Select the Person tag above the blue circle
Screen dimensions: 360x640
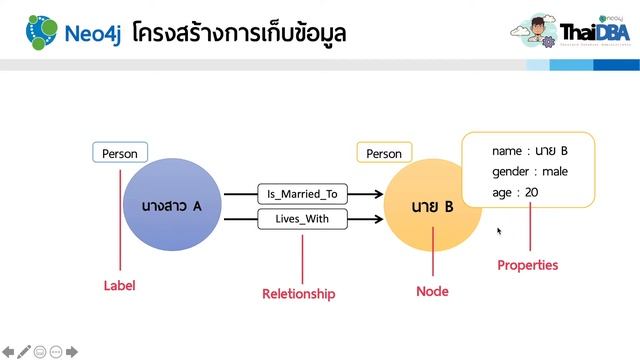coord(120,154)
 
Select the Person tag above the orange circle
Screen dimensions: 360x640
coord(384,154)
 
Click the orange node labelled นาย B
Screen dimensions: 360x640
coord(432,208)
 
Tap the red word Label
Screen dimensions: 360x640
coord(119,286)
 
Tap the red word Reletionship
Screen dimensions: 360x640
coord(298,294)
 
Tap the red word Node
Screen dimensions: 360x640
coord(432,292)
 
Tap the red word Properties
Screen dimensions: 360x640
coord(528,266)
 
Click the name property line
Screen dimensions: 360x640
coord(530,151)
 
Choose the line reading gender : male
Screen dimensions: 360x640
coord(530,172)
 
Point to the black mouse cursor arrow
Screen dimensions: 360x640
coord(499,231)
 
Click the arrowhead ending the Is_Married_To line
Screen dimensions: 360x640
coord(376,194)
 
